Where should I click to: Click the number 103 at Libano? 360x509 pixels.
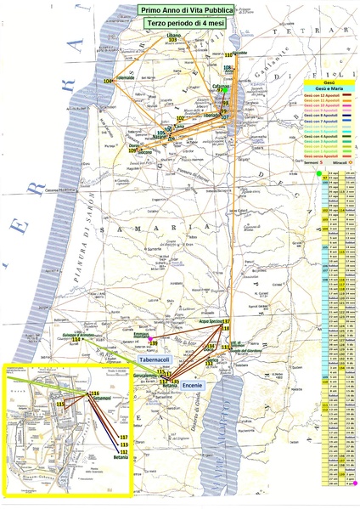[174, 40]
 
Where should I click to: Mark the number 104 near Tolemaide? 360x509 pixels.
[109, 81]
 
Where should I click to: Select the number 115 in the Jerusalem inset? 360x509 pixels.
[61, 403]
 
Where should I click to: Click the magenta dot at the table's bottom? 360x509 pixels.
[354, 482]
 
